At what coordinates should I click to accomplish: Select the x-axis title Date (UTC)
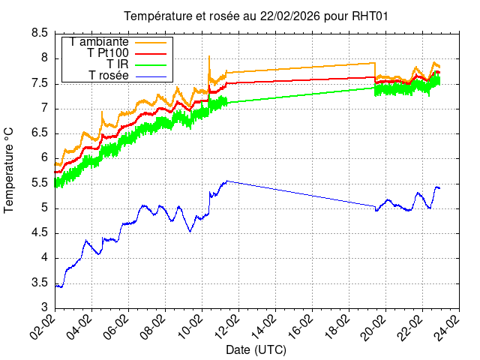point(256,349)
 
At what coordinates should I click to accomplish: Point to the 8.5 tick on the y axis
point(40,33)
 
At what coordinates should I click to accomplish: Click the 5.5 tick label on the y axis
point(40,183)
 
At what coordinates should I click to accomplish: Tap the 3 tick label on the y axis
point(45,307)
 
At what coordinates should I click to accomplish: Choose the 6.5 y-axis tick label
point(40,133)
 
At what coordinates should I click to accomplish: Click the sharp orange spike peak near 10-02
point(208,55)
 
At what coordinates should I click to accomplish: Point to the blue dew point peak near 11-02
point(226,181)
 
